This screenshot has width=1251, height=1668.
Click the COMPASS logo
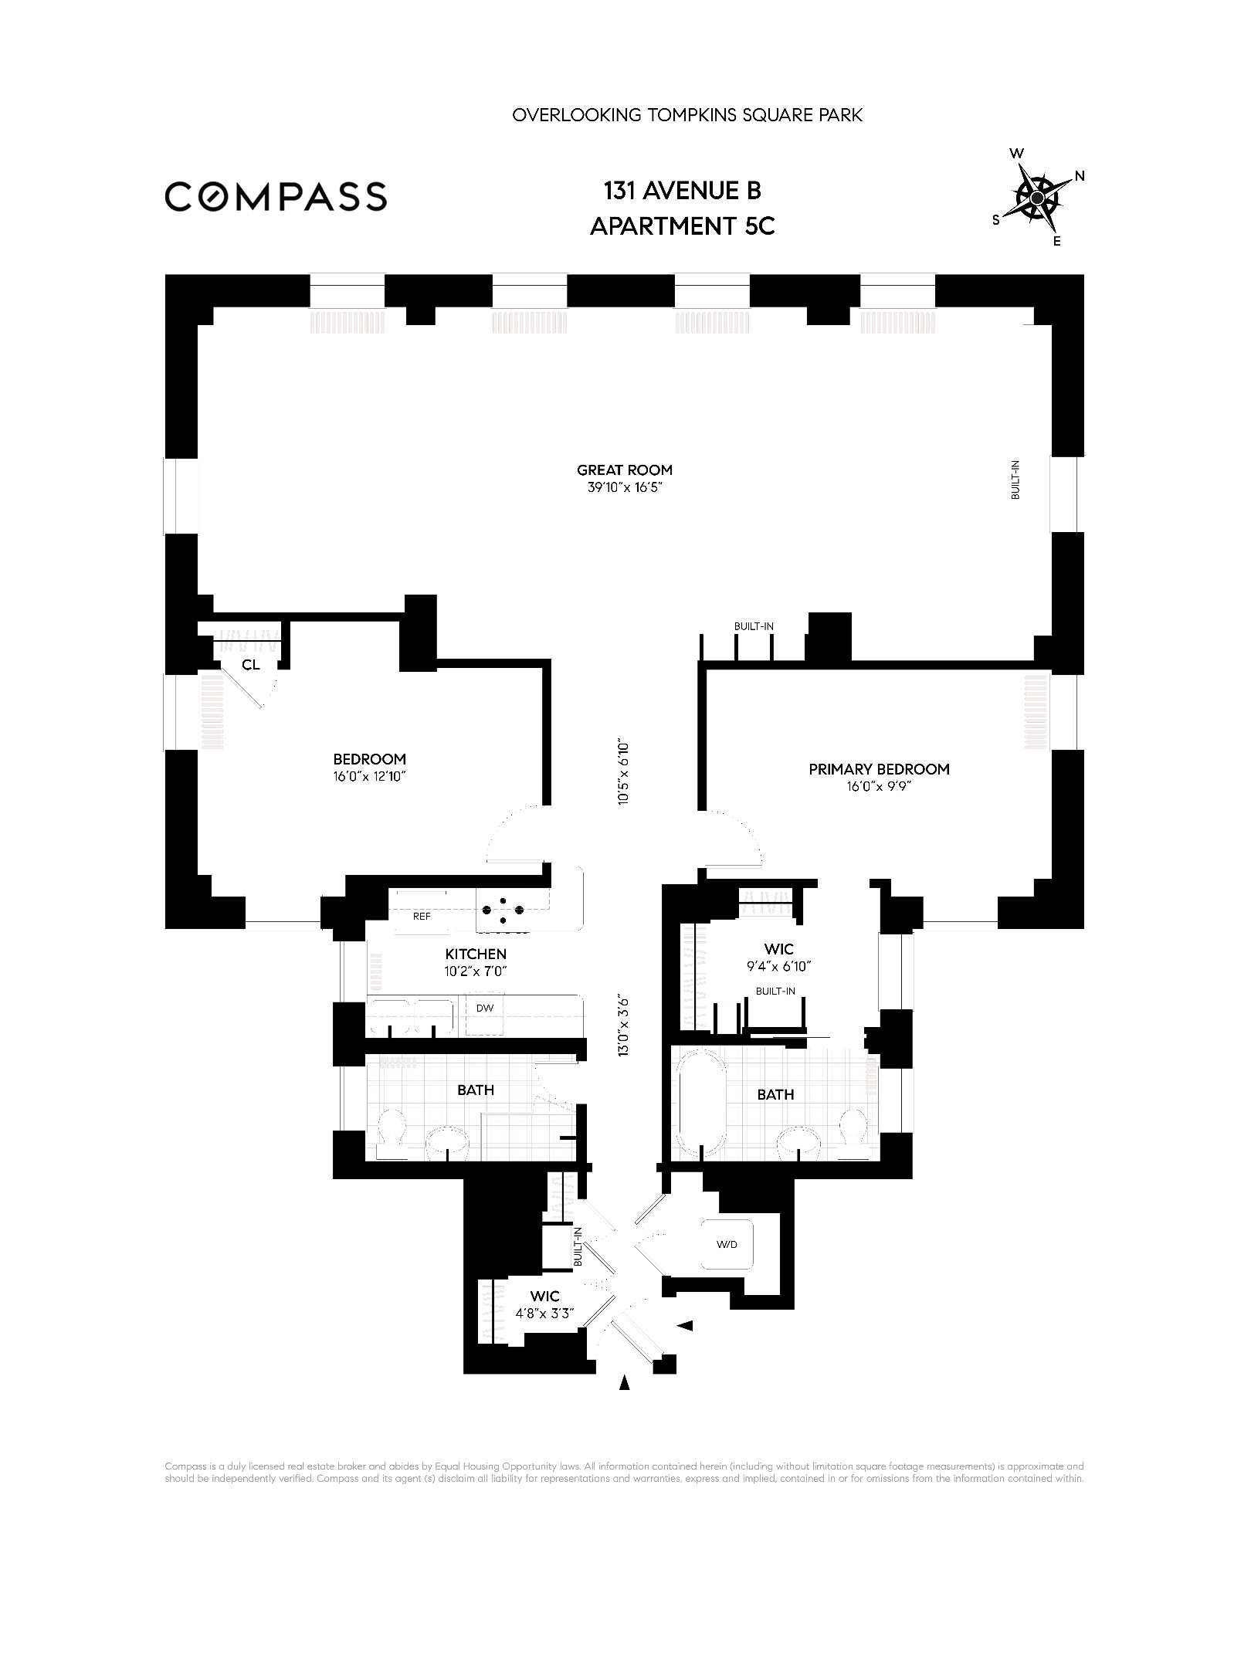click(276, 196)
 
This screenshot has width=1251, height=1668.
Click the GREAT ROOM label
click(625, 470)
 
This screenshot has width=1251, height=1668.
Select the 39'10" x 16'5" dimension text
click(625, 488)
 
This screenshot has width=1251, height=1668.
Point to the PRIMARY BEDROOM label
click(879, 769)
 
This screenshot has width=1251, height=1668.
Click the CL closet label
click(251, 664)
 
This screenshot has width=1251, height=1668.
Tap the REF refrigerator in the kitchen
click(421, 917)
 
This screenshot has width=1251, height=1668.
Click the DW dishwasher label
click(484, 1009)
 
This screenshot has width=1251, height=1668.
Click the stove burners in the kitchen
click(502, 910)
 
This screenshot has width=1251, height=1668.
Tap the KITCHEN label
click(476, 954)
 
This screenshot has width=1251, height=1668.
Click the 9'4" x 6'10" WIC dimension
click(777, 966)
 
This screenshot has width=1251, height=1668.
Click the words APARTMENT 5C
click(683, 226)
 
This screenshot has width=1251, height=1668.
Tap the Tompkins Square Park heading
click(687, 116)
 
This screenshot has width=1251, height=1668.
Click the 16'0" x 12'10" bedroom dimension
click(369, 777)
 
